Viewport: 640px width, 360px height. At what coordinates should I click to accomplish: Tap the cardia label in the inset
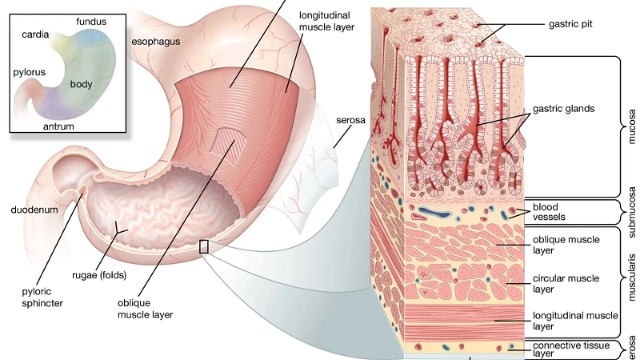coord(36,35)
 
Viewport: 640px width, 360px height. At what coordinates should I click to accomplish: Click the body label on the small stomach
coord(82,84)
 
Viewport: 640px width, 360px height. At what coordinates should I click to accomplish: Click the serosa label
coord(350,120)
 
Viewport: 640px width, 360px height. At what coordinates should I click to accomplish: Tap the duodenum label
coord(33,210)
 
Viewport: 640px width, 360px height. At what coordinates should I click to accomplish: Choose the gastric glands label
coord(565,109)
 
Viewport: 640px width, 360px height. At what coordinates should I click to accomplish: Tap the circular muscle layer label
coord(566,284)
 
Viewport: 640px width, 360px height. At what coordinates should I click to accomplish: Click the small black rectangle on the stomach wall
coord(203,246)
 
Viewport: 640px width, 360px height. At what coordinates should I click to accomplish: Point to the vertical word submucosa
coord(632,212)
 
